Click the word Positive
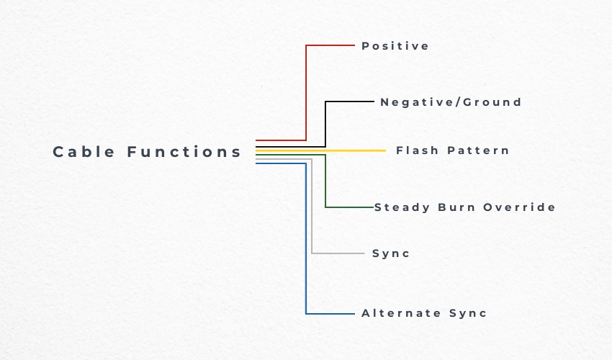pyautogui.click(x=395, y=46)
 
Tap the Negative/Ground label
pyautogui.click(x=451, y=102)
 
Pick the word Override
pyautogui.click(x=519, y=207)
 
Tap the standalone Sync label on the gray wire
pyautogui.click(x=391, y=253)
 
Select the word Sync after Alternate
pyautogui.click(x=468, y=313)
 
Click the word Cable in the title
pyautogui.click(x=84, y=152)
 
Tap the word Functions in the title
pyautogui.click(x=184, y=152)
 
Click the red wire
pyautogui.click(x=306, y=94)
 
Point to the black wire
pyautogui.click(x=325, y=122)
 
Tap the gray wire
pyautogui.click(x=312, y=216)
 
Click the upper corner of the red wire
pyautogui.click(x=306, y=45)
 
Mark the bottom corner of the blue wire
pyautogui.click(x=306, y=313)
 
